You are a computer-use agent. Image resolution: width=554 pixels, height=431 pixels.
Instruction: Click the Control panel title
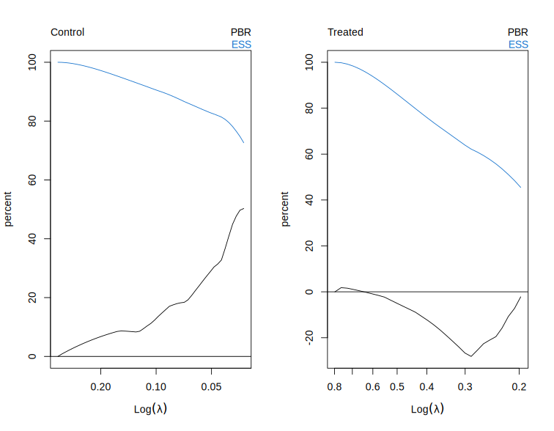(67, 32)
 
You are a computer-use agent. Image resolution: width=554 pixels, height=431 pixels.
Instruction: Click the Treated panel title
(345, 32)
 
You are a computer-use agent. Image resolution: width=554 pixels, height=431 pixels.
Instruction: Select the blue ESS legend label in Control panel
(241, 45)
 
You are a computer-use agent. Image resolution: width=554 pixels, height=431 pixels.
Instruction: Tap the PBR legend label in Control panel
(240, 32)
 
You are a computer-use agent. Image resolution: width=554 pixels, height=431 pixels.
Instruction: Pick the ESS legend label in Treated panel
(518, 45)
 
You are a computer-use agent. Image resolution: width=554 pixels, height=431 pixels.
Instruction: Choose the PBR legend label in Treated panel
(517, 32)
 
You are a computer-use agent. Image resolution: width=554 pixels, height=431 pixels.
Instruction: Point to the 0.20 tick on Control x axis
(100, 386)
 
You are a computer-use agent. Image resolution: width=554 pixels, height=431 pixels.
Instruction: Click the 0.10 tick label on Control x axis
(156, 386)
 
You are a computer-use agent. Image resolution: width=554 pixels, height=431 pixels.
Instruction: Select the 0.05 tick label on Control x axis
(212, 386)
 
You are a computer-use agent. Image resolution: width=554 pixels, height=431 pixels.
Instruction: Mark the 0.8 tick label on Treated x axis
(335, 386)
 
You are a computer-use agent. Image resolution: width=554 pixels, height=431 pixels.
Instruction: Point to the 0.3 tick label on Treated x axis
(465, 386)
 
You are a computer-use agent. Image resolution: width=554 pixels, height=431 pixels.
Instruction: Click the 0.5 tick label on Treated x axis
(398, 386)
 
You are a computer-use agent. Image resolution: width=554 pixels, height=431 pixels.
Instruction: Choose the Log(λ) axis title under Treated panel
(427, 409)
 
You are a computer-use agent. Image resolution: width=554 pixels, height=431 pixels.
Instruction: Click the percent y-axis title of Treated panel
(285, 210)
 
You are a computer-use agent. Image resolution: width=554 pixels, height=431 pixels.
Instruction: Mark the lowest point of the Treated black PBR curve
(471, 356)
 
